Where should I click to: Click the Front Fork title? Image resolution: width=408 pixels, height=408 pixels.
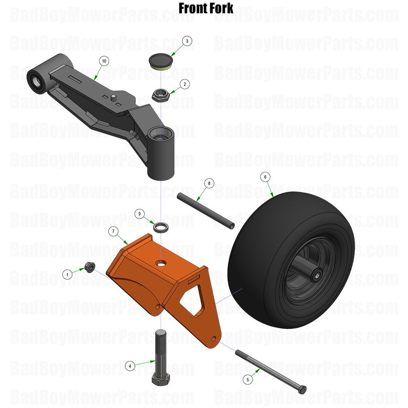(206, 8)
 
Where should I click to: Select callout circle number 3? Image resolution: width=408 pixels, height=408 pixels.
(187, 41)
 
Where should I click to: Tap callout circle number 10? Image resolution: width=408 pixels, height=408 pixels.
(104, 61)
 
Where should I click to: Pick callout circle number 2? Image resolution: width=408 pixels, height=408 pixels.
(184, 84)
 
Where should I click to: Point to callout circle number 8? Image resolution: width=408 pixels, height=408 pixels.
(209, 183)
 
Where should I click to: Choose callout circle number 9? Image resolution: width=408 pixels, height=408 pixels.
(140, 214)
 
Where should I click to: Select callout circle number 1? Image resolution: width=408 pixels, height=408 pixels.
(67, 274)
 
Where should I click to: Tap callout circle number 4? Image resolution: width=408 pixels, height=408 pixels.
(130, 366)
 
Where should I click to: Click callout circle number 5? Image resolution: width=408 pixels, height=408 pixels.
(248, 379)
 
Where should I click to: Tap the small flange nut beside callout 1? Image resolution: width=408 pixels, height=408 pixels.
(89, 266)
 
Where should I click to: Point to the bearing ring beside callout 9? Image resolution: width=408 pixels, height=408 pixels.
(161, 227)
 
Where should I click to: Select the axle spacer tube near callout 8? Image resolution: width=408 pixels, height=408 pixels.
(206, 210)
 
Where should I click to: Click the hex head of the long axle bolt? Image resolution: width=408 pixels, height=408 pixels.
(303, 390)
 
